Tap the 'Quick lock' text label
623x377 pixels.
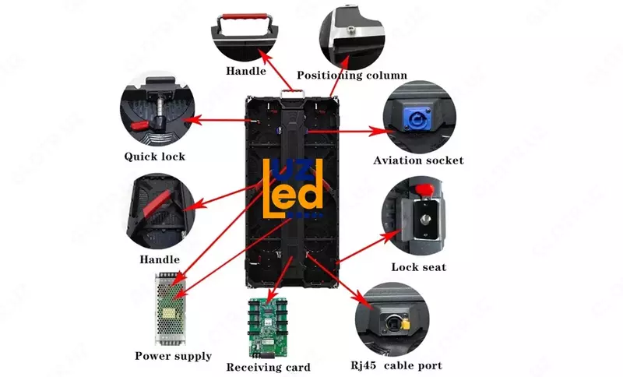[x=155, y=156]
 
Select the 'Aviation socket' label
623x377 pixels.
[x=418, y=160]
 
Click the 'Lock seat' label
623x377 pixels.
[x=418, y=267]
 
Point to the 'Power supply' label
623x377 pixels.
[x=173, y=356]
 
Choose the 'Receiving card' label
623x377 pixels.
[x=268, y=367]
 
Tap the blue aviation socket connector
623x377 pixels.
[x=420, y=118]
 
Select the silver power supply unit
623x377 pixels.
[x=174, y=308]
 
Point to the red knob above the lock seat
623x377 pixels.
[x=424, y=189]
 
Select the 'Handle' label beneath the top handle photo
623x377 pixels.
[x=245, y=71]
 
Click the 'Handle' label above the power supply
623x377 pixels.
[x=160, y=259]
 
